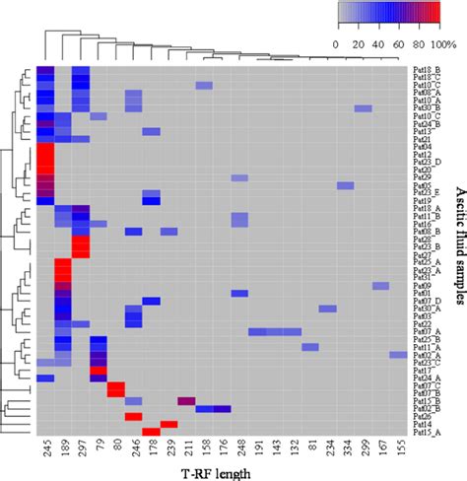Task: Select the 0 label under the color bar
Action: pos(338,44)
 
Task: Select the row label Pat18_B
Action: pos(425,70)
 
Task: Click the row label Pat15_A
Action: pos(425,432)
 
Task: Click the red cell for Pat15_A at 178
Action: pos(152,432)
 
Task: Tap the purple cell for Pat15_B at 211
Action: pos(187,400)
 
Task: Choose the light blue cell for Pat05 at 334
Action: pos(345,184)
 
